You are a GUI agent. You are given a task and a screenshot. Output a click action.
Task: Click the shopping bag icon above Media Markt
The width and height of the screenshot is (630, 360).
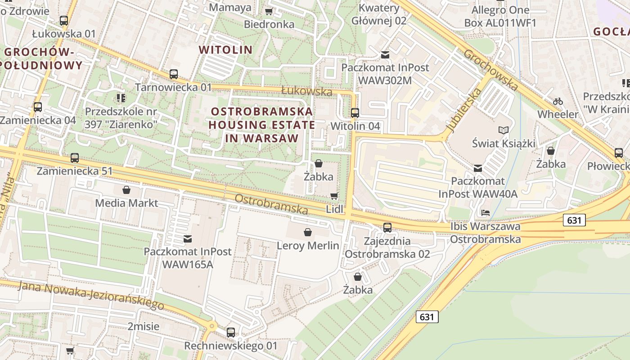(126, 190)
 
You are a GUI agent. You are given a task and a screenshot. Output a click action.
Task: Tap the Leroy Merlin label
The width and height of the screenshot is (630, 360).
(308, 246)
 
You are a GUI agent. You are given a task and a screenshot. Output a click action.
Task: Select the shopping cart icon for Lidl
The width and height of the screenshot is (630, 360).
(334, 196)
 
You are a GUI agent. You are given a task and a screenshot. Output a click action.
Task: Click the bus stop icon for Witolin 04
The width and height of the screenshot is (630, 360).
(355, 112)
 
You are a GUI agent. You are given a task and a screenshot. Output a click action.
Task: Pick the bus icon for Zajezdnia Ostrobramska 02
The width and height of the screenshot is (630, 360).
(387, 228)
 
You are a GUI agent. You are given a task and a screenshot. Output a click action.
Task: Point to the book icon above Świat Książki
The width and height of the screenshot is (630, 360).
(504, 130)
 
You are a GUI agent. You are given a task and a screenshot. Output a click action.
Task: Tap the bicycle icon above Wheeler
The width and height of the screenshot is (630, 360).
(558, 101)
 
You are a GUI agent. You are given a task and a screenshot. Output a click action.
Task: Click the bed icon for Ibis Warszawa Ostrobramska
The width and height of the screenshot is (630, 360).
(485, 212)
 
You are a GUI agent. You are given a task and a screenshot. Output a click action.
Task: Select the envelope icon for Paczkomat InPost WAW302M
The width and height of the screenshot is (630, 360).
(385, 55)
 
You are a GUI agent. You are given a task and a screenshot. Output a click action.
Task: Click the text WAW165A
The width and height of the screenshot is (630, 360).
(188, 264)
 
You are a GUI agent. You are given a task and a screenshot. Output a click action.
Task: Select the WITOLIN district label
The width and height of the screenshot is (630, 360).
(226, 49)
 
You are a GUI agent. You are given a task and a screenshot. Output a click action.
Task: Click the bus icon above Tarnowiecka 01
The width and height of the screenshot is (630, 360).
(174, 74)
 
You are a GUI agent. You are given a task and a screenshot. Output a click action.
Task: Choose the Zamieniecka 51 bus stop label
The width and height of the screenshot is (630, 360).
(75, 171)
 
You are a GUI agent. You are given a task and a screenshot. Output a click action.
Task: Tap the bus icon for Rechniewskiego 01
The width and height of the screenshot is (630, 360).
(231, 333)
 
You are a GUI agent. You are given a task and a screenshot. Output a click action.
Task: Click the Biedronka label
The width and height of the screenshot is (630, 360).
(269, 24)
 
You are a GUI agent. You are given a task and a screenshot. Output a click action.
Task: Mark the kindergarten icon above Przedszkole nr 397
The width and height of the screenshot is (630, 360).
(121, 98)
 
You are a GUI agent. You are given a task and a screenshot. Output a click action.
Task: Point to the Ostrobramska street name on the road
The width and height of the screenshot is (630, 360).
(271, 204)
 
